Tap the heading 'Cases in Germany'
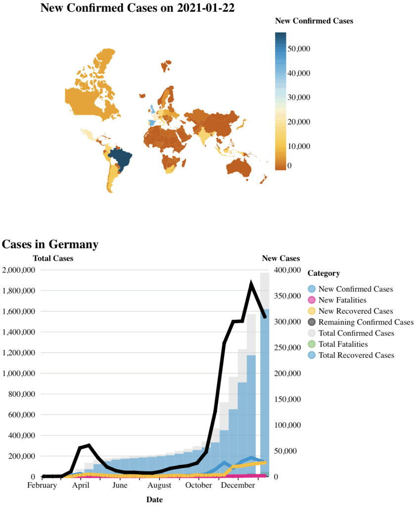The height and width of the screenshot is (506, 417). tap(50, 244)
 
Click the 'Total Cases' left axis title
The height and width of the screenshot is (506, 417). tap(53, 258)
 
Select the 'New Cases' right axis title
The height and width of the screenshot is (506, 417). tap(280, 258)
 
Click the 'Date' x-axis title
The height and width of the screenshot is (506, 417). tap(154, 500)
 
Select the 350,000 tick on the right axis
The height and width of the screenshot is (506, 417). tap(287, 296)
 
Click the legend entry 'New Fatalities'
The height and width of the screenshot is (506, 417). tap(342, 300)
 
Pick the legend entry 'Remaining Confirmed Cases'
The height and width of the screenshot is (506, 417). tap(366, 322)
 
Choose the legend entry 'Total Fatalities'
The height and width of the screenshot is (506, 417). tap(343, 344)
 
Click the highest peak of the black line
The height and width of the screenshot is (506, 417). tap(251, 284)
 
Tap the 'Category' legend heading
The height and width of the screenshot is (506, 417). tap(324, 273)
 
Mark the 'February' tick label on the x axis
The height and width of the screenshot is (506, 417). tap(42, 486)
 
